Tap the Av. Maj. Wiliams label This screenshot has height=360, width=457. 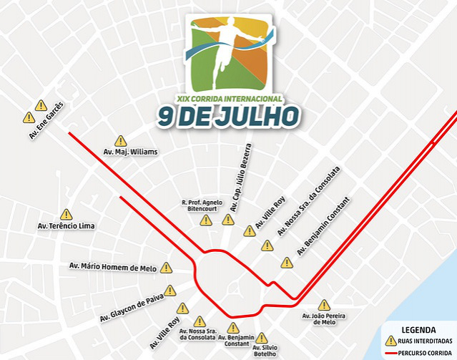tap(130, 152)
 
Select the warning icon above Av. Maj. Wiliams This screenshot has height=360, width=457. tap(121, 141)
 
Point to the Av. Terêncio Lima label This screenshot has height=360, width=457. tap(66, 225)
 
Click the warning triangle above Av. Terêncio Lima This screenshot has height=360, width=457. tap(67, 214)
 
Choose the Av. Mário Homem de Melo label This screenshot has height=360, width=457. tap(112, 267)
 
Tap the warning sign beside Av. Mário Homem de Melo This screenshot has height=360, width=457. tap(167, 268)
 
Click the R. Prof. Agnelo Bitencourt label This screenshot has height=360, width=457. tap(202, 206)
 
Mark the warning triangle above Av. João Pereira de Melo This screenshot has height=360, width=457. tap(324, 305)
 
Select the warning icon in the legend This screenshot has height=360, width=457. tap(390, 341)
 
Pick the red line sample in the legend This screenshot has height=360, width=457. tap(390, 354)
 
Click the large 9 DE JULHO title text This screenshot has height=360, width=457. tap(229, 116)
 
